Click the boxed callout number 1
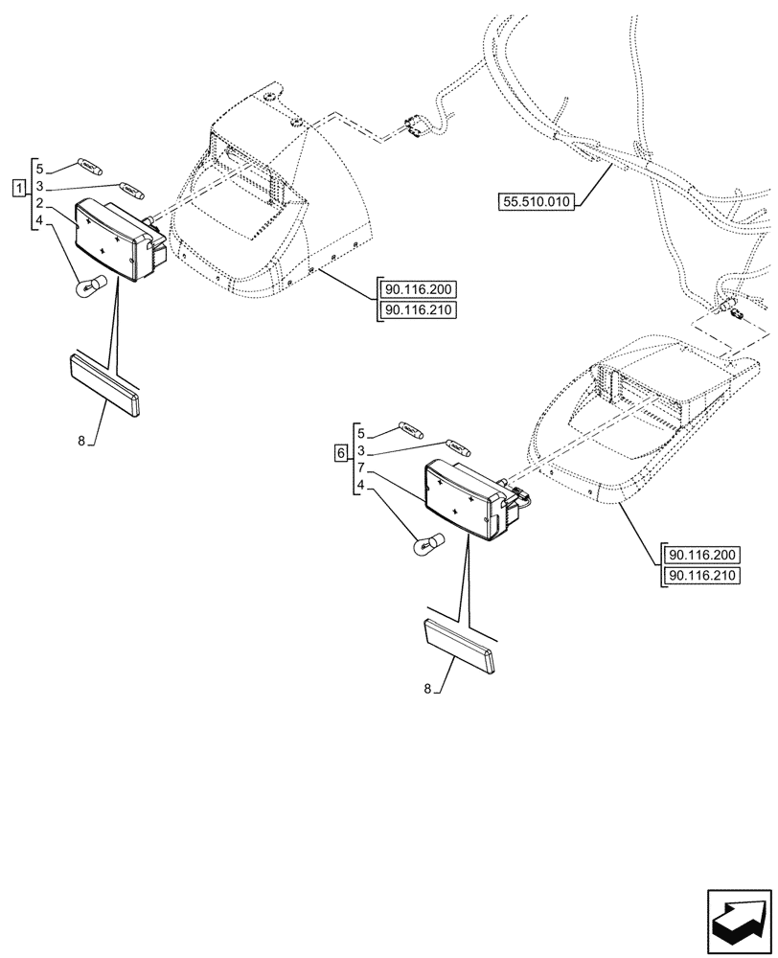pos(19,186)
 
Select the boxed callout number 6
pos(341,452)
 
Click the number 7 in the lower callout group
pos(360,468)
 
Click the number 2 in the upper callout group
pos(39,203)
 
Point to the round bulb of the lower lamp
pos(423,547)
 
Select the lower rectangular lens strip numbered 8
pos(458,648)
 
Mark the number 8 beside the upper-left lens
pos(82,440)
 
